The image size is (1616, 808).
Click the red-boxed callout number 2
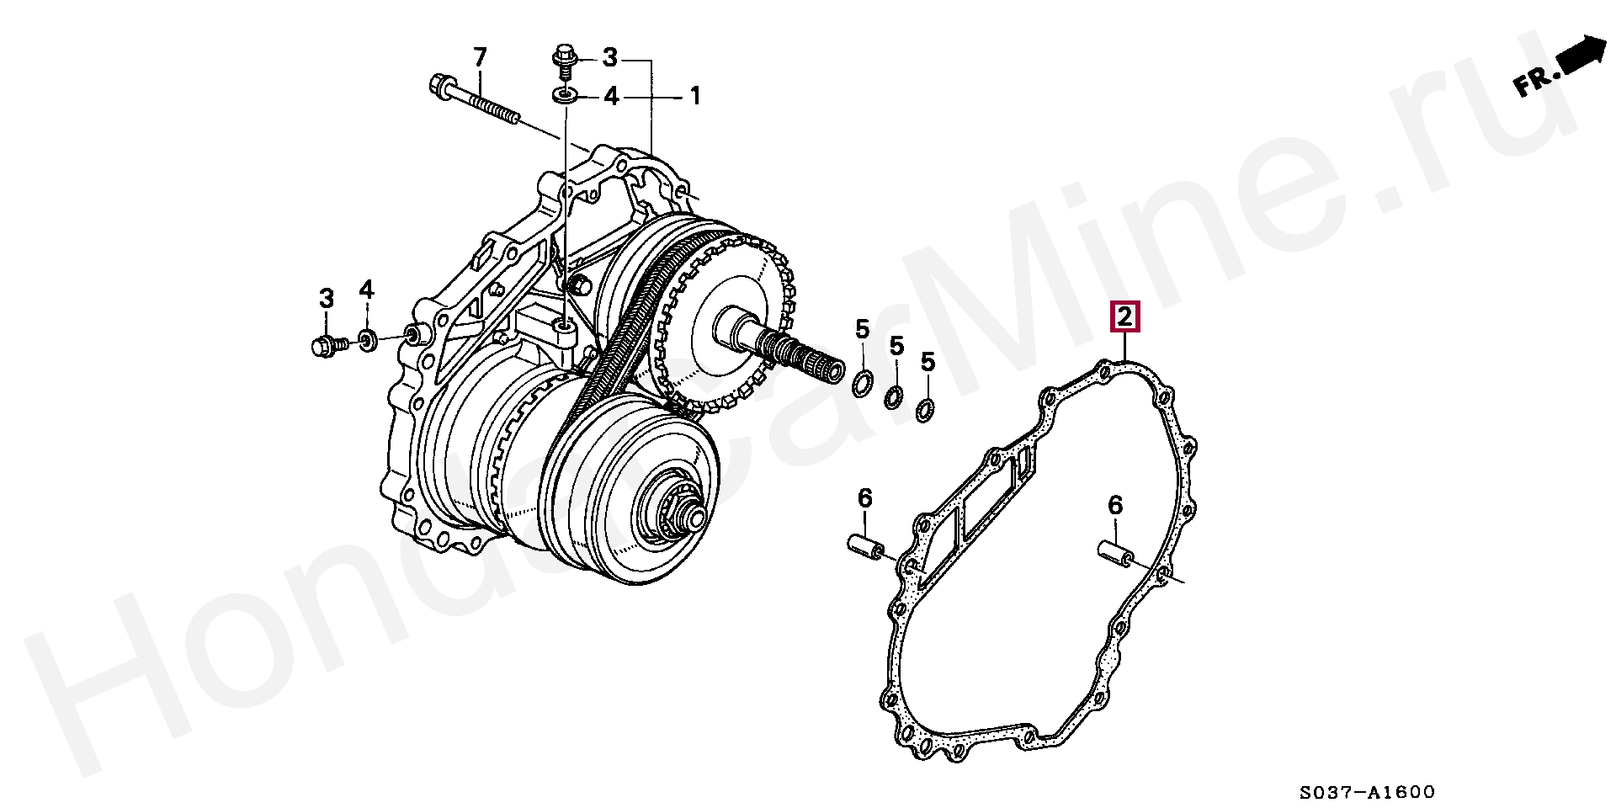pyautogui.click(x=1125, y=317)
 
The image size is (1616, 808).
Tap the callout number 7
pyautogui.click(x=480, y=57)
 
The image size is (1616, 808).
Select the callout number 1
pyautogui.click(x=695, y=96)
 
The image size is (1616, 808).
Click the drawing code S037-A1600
pyautogui.click(x=1367, y=792)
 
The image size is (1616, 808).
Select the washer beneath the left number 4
pyautogui.click(x=367, y=341)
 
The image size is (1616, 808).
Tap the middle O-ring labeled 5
pyautogui.click(x=894, y=396)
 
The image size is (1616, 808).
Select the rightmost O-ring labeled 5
pyautogui.click(x=924, y=410)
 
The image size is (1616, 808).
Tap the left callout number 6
pyautogui.click(x=865, y=498)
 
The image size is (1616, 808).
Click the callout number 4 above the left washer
pyautogui.click(x=366, y=290)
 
